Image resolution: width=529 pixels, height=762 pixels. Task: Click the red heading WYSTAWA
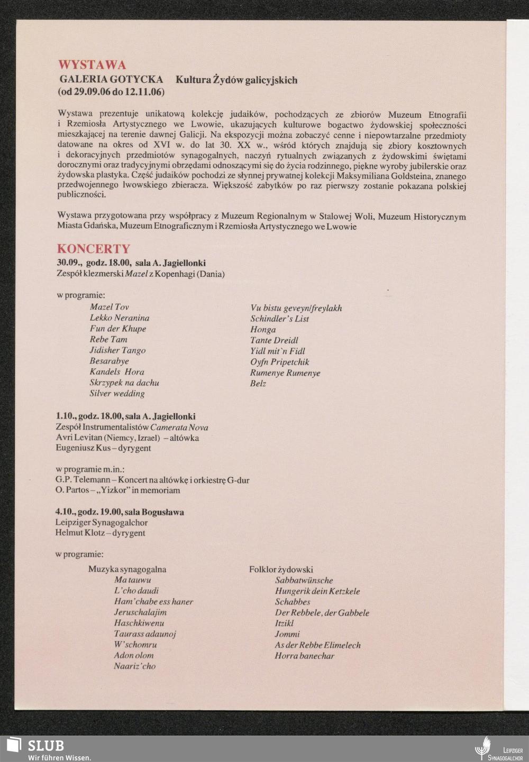(92, 65)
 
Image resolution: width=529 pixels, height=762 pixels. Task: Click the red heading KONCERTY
(93, 249)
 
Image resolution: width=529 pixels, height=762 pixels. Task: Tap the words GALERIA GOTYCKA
(111, 80)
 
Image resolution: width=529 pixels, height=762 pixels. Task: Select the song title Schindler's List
(279, 319)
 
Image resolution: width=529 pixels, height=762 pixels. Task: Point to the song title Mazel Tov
(109, 307)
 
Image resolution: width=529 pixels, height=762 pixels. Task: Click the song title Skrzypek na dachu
(124, 383)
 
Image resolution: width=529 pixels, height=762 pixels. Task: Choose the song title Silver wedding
(117, 394)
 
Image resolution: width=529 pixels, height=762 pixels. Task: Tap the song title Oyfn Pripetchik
(279, 362)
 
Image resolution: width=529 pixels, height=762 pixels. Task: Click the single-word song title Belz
(258, 384)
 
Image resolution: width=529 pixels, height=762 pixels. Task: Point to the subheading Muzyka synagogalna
(127, 569)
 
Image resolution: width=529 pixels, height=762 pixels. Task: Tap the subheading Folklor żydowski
(281, 569)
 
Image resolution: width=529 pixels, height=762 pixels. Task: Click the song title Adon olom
(133, 655)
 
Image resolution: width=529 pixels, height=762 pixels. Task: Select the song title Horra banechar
(304, 656)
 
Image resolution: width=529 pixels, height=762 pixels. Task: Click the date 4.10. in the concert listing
(65, 512)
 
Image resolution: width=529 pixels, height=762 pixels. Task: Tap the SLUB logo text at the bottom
(46, 746)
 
